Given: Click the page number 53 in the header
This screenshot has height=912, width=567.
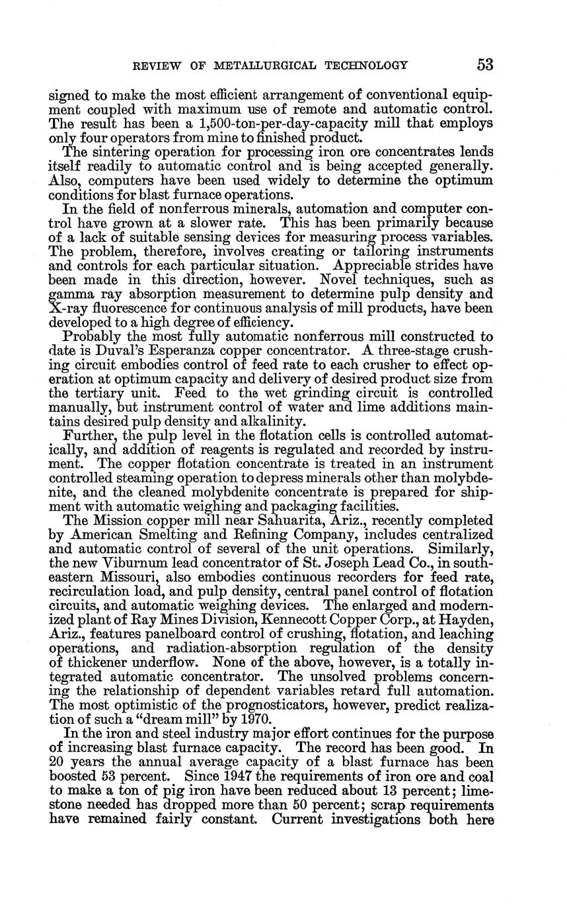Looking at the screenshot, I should tap(484, 65).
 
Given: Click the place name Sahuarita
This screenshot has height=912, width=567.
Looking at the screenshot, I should tap(239, 520).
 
